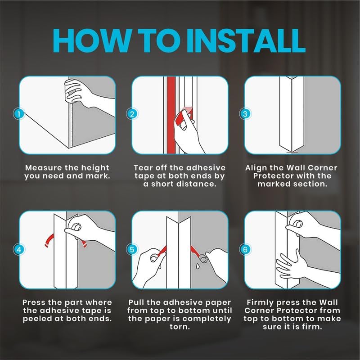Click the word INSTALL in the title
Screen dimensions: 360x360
246,41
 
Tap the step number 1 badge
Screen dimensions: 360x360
19,114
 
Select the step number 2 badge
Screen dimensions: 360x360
132,114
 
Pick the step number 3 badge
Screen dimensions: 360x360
245,114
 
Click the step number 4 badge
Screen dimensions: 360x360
19,249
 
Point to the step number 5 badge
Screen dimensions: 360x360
132,250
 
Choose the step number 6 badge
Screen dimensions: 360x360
245,249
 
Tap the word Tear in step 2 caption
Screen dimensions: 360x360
143,167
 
